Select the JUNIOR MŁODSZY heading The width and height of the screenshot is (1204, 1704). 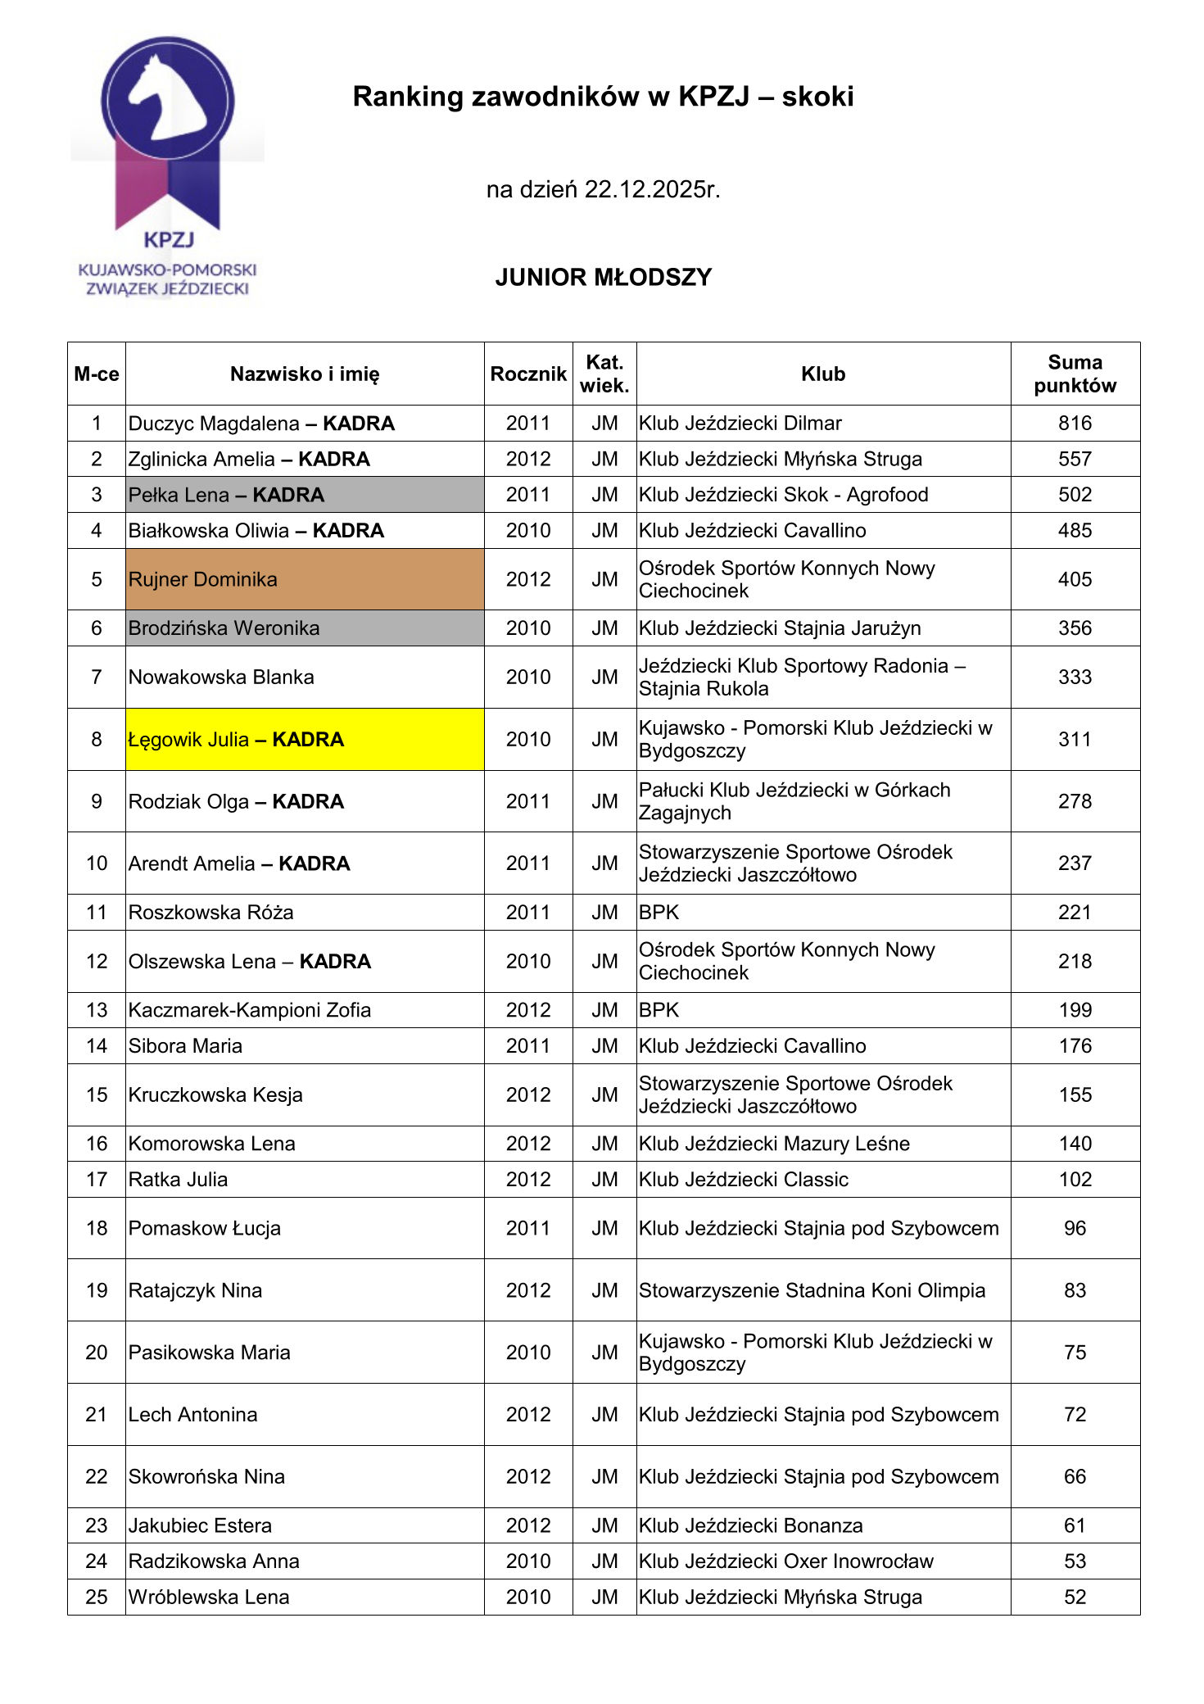[603, 278]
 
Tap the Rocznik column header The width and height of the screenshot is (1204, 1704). [528, 374]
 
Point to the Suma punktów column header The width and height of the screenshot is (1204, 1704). [1075, 374]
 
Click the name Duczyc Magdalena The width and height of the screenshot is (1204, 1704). [214, 424]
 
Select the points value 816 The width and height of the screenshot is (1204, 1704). [1075, 424]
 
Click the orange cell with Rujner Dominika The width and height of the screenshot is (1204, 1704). [304, 579]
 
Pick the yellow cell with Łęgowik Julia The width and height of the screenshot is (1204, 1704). [304, 740]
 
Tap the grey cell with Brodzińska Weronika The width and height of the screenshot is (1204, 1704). [304, 628]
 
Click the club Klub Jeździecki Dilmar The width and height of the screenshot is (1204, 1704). [740, 424]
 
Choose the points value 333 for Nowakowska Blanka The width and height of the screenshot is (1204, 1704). [1075, 678]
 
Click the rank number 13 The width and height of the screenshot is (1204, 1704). [97, 1010]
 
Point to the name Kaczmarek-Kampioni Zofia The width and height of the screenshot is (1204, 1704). [250, 1010]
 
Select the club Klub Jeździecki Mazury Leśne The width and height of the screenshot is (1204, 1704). [774, 1144]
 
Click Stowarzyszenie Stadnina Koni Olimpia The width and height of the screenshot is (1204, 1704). [812, 1290]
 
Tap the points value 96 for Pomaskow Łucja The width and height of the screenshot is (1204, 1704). [1075, 1228]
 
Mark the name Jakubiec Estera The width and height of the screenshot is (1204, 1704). [200, 1525]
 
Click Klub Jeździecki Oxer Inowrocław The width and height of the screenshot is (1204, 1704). [786, 1561]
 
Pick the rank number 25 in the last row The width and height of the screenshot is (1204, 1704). [97, 1597]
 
